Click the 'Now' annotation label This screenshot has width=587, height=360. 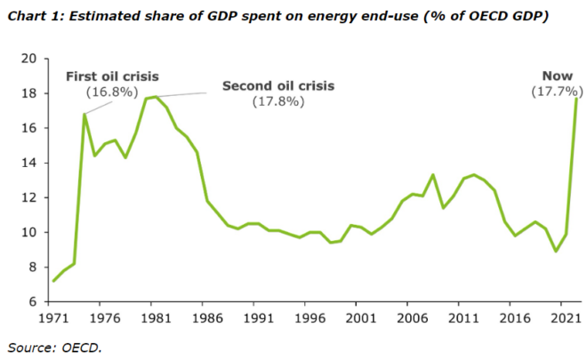click(x=558, y=76)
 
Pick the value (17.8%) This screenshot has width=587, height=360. click(x=278, y=101)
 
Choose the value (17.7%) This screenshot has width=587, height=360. click(x=557, y=92)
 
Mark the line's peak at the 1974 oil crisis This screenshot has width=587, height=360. click(x=84, y=114)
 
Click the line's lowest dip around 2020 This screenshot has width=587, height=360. click(x=555, y=252)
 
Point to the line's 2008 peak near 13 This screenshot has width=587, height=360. click(x=432, y=175)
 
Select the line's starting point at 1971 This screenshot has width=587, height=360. click(x=53, y=281)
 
